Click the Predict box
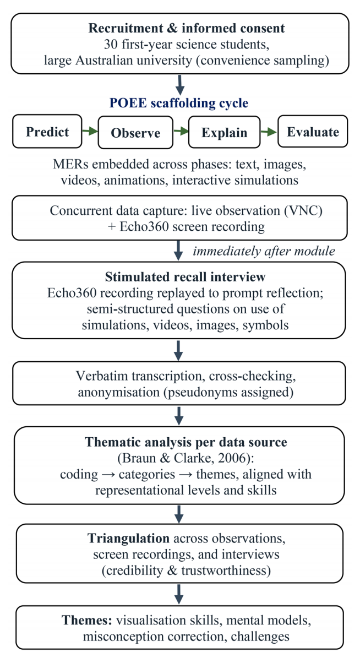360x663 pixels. [x=47, y=132]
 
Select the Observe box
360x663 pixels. [x=135, y=132]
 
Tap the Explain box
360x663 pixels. [x=224, y=132]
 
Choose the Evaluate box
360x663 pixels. [x=313, y=132]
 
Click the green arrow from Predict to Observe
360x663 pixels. [x=90, y=131]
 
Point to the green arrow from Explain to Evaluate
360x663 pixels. [x=269, y=132]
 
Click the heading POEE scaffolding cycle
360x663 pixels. [x=179, y=103]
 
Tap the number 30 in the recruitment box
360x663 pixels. [x=111, y=45]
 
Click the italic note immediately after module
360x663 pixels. [x=264, y=251]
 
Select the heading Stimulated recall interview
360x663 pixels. [x=185, y=277]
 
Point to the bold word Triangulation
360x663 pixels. [x=128, y=539]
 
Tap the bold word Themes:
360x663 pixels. [x=87, y=620]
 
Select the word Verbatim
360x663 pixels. [x=102, y=376]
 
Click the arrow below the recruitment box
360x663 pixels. [x=180, y=85]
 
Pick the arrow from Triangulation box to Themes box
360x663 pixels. [x=179, y=594]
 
